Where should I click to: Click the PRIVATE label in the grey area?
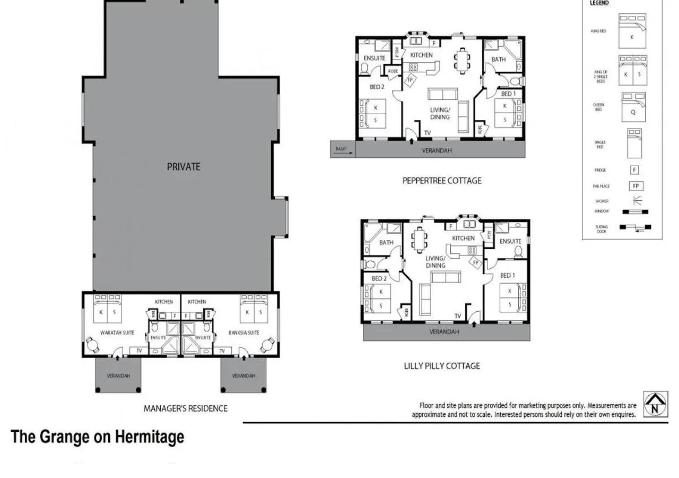[x=184, y=166]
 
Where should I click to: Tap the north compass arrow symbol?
[x=656, y=405]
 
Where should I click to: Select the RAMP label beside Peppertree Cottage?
[x=341, y=149]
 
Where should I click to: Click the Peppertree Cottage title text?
[x=442, y=181]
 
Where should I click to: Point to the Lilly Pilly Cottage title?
[x=442, y=366]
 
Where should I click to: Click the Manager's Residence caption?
[x=185, y=408]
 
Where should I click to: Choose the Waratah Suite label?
[x=117, y=333]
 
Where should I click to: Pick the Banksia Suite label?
[x=244, y=333]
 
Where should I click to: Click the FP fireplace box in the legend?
[x=636, y=186]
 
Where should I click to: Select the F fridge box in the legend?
[x=634, y=170]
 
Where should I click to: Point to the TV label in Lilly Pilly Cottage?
[x=457, y=316]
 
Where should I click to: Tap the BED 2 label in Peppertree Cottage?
[x=377, y=87]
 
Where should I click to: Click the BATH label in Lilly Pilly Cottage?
[x=386, y=243]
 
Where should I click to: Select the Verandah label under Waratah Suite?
[x=118, y=375]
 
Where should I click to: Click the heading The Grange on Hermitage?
[x=98, y=437]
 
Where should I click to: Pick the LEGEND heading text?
[x=599, y=3]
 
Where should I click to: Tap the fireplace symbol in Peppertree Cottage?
[x=410, y=80]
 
